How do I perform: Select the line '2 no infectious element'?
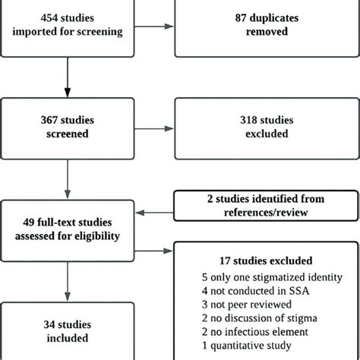tap(243, 333)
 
